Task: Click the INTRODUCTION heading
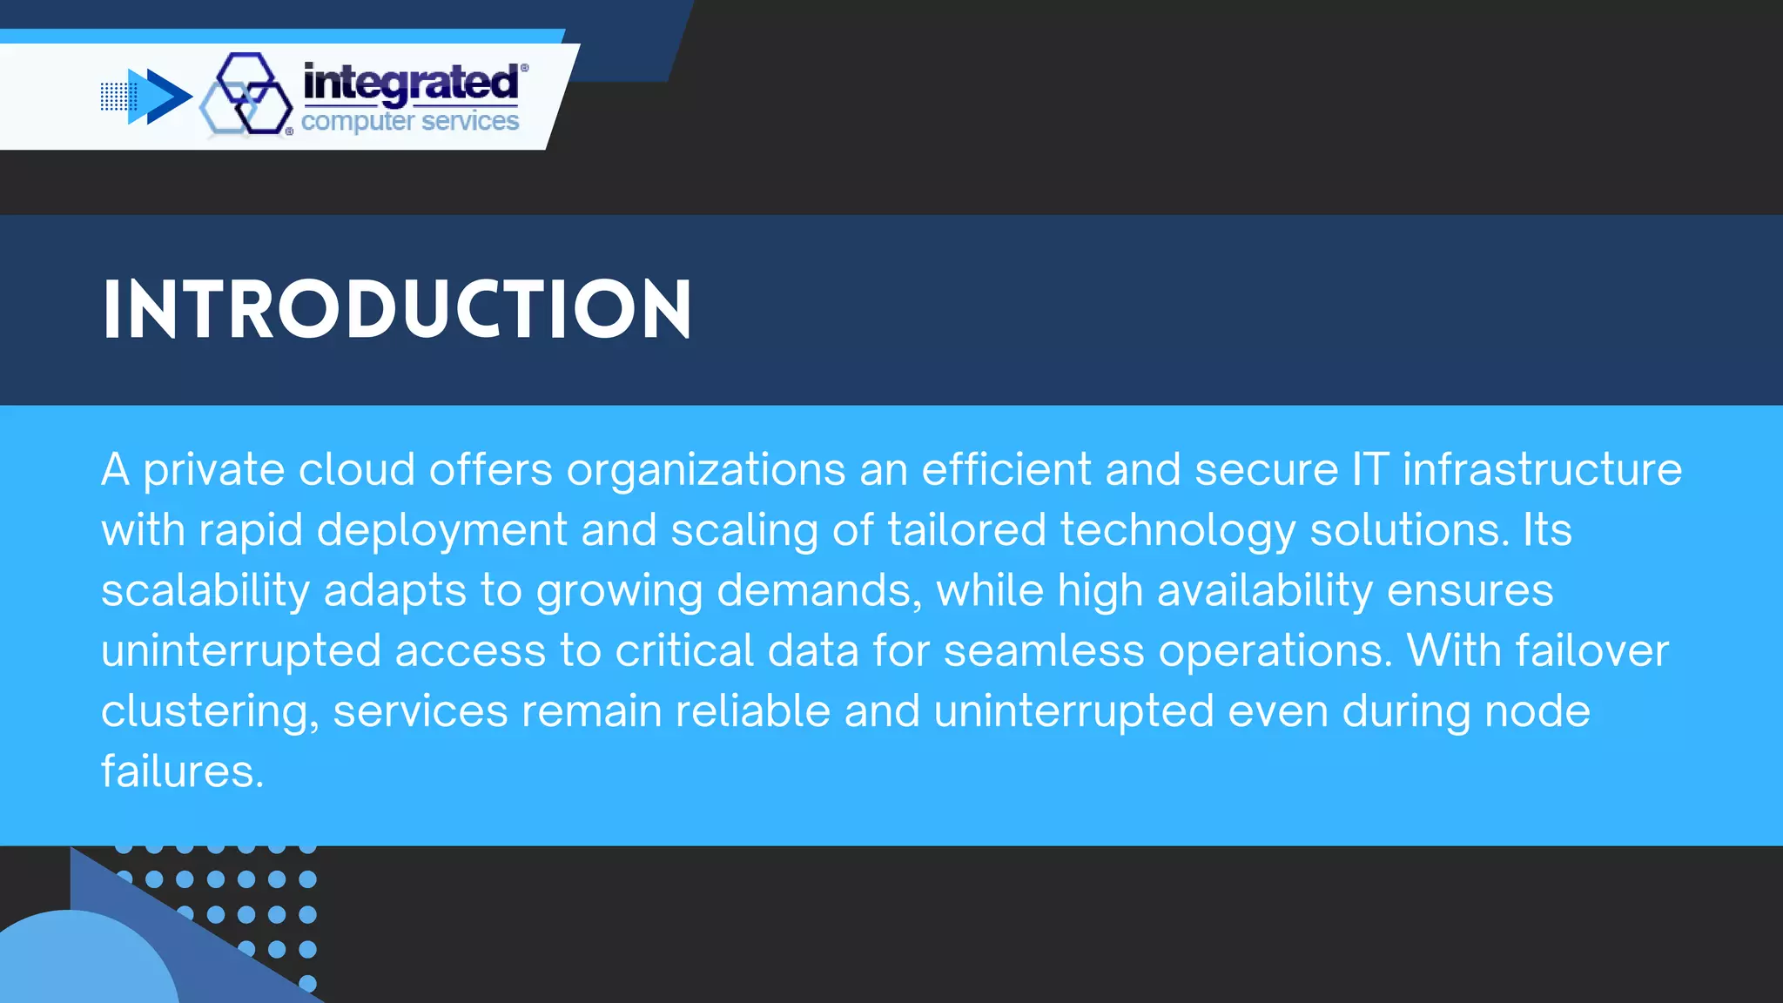(x=397, y=309)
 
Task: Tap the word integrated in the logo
(x=411, y=84)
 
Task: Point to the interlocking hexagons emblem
(x=246, y=94)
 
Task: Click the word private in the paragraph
(x=213, y=470)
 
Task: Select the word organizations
(x=706, y=470)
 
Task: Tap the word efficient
(x=1006, y=470)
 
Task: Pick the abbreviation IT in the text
(x=1370, y=470)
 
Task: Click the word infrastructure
(x=1542, y=470)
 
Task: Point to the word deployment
(x=441, y=531)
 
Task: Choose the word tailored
(x=966, y=530)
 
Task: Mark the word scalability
(x=205, y=591)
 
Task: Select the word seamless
(x=1044, y=651)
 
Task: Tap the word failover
(x=1592, y=651)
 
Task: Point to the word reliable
(x=753, y=711)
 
